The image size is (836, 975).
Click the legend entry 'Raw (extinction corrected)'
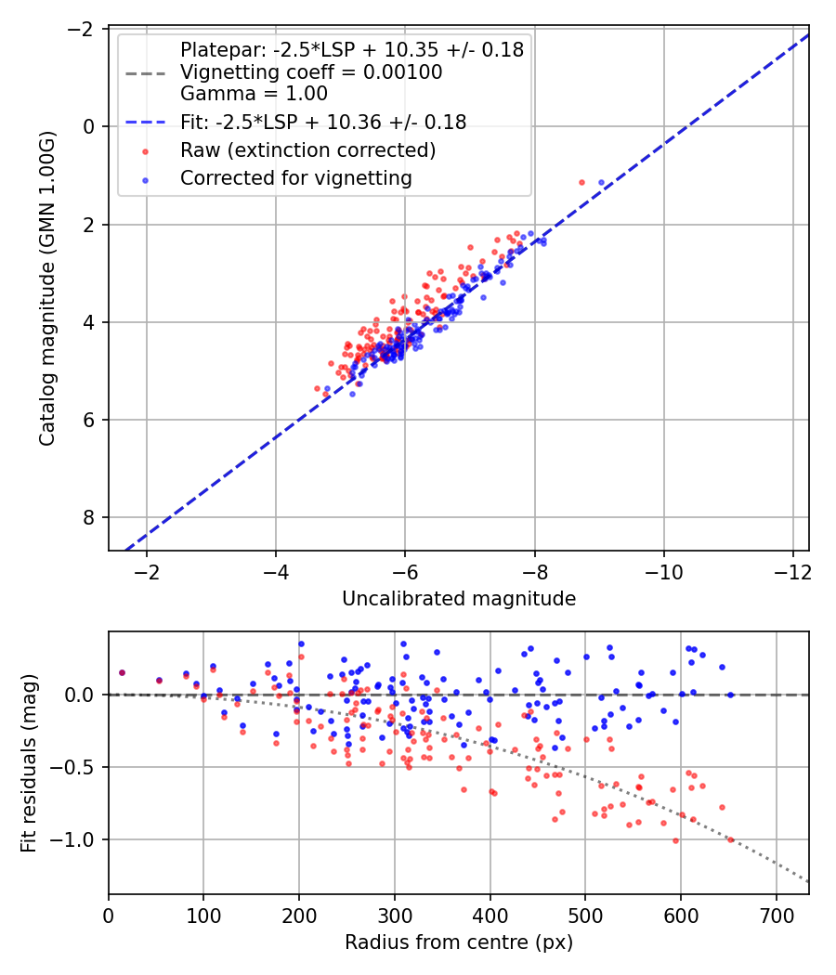click(307, 150)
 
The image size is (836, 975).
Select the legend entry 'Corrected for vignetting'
click(296, 178)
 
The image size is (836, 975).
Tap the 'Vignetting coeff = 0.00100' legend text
click(311, 72)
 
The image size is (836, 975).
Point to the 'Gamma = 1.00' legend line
click(254, 94)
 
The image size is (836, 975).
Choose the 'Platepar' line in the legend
click(352, 50)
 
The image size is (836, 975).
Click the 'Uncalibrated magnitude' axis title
click(459, 599)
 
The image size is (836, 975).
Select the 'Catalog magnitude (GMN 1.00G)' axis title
click(47, 289)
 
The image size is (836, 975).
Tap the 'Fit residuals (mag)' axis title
click(29, 763)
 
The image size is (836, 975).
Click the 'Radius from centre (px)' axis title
click(459, 942)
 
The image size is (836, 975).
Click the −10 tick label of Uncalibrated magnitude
click(664, 571)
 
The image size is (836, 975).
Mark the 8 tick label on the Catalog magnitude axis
click(88, 517)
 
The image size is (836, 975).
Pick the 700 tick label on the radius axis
click(777, 916)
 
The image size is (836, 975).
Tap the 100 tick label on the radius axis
click(204, 916)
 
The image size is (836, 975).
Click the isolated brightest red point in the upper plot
click(581, 183)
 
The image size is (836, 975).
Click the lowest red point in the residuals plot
click(675, 840)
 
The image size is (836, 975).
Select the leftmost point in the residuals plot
click(122, 673)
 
